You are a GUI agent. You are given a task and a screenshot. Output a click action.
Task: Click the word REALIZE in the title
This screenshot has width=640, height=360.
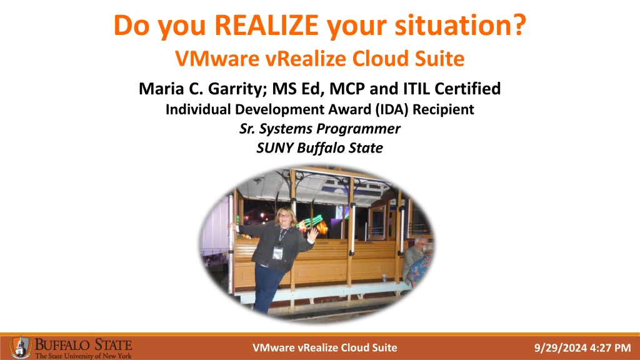coord(266,25)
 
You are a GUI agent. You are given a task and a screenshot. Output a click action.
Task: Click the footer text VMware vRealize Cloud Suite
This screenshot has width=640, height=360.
coord(324,347)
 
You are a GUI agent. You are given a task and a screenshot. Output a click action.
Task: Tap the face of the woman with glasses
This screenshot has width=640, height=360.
coord(284,216)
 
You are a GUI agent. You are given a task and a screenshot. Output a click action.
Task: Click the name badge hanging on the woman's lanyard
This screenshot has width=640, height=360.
coord(277,253)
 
